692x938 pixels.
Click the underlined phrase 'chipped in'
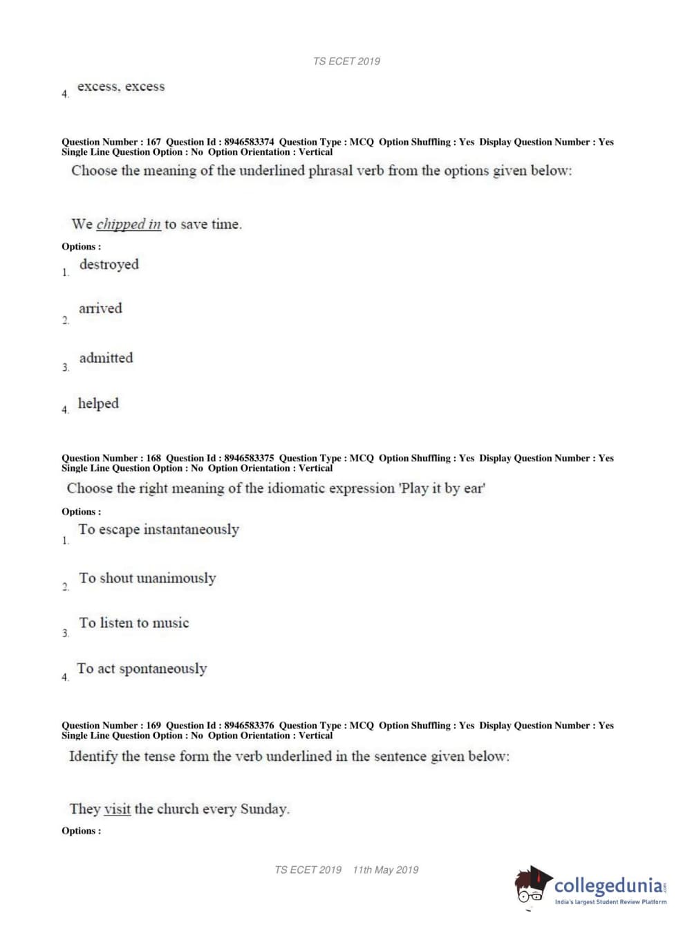point(129,224)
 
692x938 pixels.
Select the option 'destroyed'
point(109,264)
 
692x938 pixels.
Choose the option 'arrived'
point(100,309)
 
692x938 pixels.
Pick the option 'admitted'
point(106,358)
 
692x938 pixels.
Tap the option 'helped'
point(98,403)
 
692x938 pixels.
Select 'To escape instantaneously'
point(158,530)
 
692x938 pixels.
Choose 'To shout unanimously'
point(147,578)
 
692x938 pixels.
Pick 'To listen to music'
point(133,623)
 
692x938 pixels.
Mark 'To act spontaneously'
point(142,669)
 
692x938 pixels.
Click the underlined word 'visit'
point(117,809)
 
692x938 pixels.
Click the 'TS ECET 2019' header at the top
point(346,61)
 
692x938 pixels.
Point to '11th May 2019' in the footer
point(385,870)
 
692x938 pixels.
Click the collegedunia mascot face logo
point(532,886)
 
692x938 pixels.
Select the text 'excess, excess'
point(121,86)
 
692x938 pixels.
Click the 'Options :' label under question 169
point(81,831)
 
